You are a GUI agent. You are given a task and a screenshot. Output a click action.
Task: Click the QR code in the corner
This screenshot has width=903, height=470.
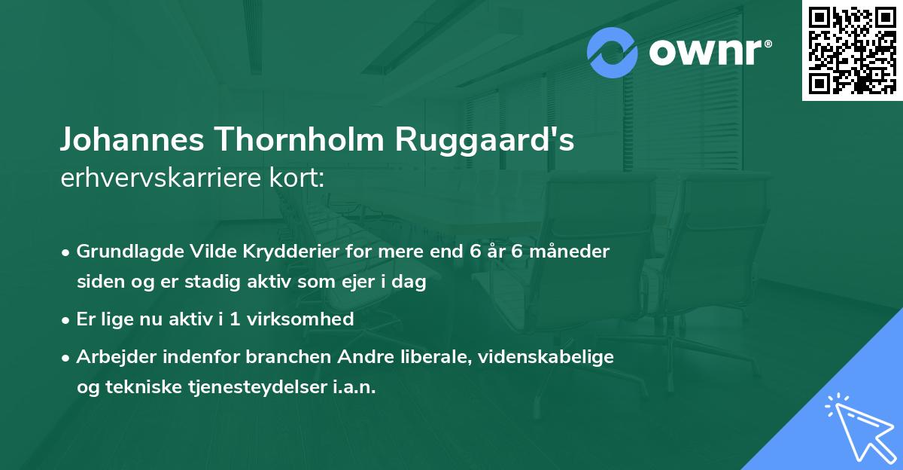[853, 50]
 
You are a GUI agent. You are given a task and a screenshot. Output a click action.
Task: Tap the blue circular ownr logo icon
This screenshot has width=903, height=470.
[613, 53]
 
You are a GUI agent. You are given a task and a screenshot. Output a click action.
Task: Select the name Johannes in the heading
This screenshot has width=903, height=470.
[132, 141]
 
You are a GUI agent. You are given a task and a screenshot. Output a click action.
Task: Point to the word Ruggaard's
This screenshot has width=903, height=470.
[486, 141]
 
